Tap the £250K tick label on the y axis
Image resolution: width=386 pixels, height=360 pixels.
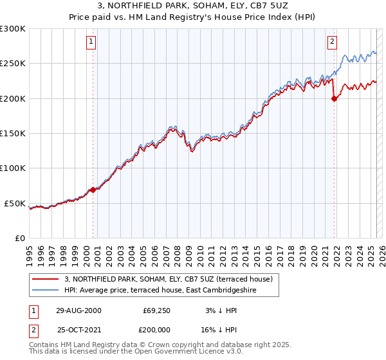coord(13,64)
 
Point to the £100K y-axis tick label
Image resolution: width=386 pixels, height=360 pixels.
coord(13,168)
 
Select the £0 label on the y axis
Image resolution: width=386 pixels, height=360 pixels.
coord(19,238)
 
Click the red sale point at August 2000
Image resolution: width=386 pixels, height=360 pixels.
coord(93,190)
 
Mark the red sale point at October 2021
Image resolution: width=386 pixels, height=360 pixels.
coord(334,98)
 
